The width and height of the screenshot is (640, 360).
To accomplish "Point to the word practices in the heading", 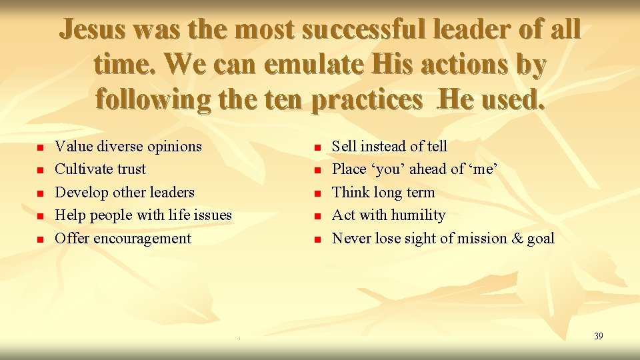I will click(366, 100).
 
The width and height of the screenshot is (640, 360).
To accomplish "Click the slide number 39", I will click(598, 336).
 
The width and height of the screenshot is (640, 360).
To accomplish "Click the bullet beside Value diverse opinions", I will click(40, 147).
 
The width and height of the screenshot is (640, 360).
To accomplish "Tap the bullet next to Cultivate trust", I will click(40, 170).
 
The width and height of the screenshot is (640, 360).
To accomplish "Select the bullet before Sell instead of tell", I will click(318, 147).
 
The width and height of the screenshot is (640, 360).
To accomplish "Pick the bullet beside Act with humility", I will click(318, 216).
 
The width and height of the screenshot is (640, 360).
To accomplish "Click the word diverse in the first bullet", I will click(123, 146).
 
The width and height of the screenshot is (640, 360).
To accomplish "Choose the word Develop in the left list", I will click(81, 192).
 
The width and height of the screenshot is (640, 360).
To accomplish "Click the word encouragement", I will click(143, 238).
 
